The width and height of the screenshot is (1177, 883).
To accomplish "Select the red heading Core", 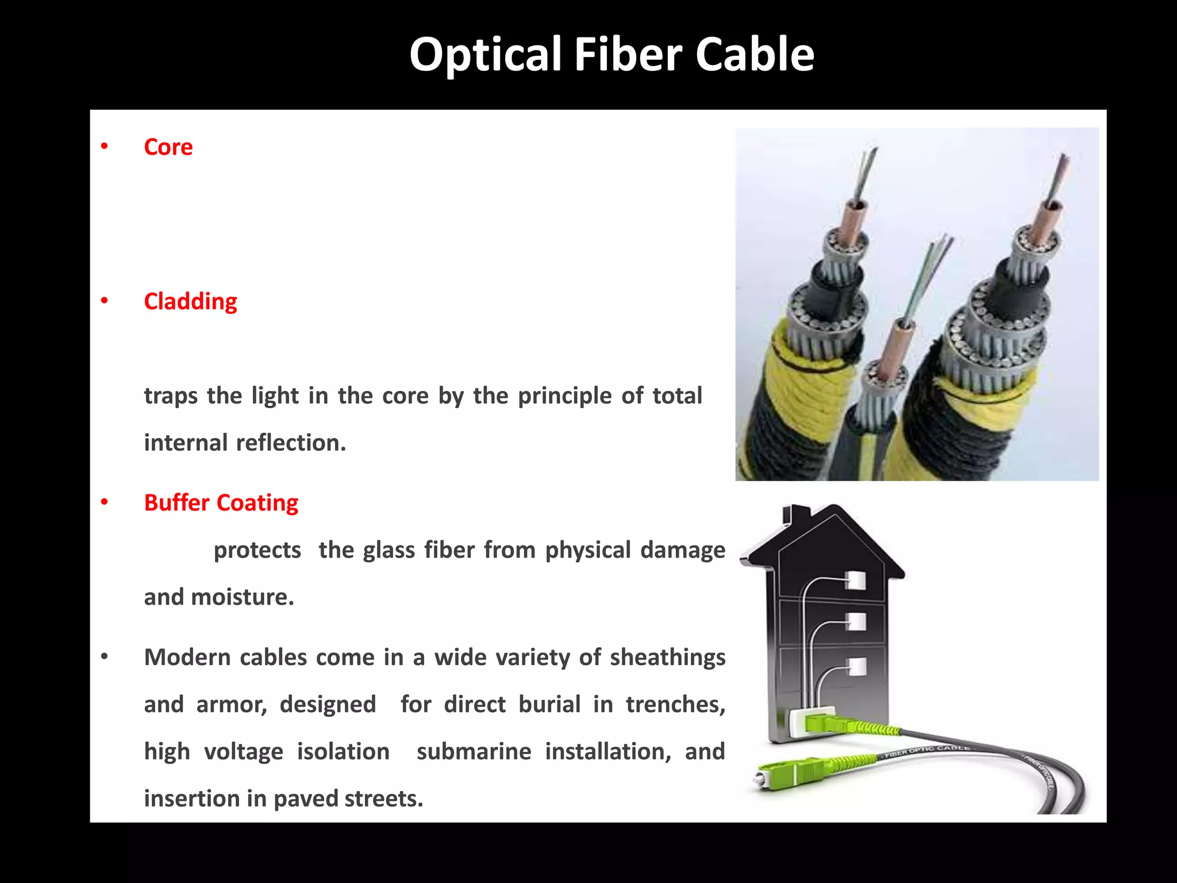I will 168,147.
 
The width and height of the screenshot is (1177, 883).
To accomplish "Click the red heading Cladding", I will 190,301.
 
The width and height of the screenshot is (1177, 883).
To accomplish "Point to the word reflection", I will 291,443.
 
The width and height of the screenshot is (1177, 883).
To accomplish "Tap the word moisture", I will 243,597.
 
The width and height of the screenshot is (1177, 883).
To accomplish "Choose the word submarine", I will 474,751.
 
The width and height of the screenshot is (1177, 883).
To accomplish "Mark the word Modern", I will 187,657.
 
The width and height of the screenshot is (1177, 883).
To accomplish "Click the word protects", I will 257,550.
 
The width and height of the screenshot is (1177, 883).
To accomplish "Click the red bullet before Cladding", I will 104,301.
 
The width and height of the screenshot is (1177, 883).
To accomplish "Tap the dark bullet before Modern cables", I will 104,657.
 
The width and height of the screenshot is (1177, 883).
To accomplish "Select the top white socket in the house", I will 856,580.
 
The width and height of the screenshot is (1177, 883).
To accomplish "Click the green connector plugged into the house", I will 828,723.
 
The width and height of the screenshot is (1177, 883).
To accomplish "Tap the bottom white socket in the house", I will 856,667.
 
